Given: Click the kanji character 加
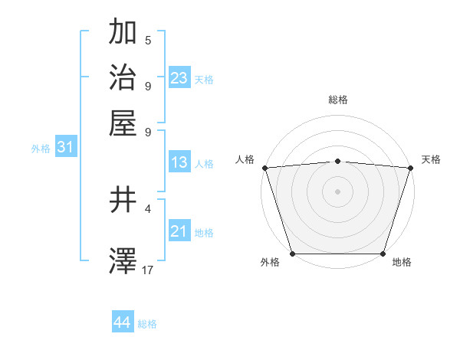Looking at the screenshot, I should pyautogui.click(x=123, y=33).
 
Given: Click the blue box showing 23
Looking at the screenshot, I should pyautogui.click(x=179, y=77).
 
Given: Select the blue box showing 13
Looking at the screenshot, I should pyautogui.click(x=179, y=162).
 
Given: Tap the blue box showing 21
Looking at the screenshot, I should pyautogui.click(x=179, y=231).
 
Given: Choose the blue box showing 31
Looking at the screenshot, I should pyautogui.click(x=65, y=148).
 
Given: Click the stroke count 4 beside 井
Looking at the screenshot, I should pyautogui.click(x=148, y=208).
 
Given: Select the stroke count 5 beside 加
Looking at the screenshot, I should pyautogui.click(x=148, y=41).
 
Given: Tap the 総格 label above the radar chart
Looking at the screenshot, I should pyautogui.click(x=337, y=100).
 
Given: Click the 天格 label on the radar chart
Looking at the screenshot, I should pyautogui.click(x=431, y=159).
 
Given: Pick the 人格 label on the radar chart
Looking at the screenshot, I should pyautogui.click(x=245, y=159).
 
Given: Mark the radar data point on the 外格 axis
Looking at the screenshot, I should pyautogui.click(x=292, y=253).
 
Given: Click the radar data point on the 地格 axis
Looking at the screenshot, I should pyautogui.click(x=383, y=253).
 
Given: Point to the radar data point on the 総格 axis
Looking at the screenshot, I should pyautogui.click(x=337, y=161).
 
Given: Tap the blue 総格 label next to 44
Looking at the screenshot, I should pyautogui.click(x=147, y=324).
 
